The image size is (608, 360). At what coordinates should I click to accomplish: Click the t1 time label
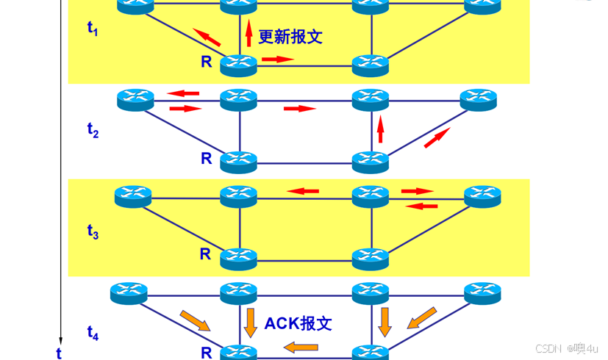pos(92,29)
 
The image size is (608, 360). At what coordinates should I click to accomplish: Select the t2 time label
pos(92,131)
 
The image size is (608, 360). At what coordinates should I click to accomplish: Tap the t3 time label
pos(92,232)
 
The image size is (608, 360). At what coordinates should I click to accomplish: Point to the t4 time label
pos(92,333)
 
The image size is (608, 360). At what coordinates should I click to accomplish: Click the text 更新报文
pos(290,37)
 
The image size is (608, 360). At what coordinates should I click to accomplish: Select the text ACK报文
pos(298,323)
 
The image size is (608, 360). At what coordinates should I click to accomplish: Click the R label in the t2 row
pos(206,158)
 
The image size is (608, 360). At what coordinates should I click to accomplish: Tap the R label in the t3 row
pos(206,255)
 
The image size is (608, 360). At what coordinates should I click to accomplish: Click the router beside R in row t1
pos(239,64)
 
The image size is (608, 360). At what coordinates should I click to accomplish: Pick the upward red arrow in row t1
pos(248,34)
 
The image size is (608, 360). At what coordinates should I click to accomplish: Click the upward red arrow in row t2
pos(380,129)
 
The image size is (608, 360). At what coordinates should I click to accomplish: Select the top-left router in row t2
pos(135,98)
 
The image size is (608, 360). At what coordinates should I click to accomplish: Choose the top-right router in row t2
pos(479,98)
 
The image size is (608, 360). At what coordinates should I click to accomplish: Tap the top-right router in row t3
pos(482,195)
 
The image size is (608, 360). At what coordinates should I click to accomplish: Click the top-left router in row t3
pos(133,195)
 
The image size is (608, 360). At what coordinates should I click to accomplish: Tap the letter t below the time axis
pos(59,353)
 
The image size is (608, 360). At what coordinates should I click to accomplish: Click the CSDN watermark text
pos(548,348)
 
